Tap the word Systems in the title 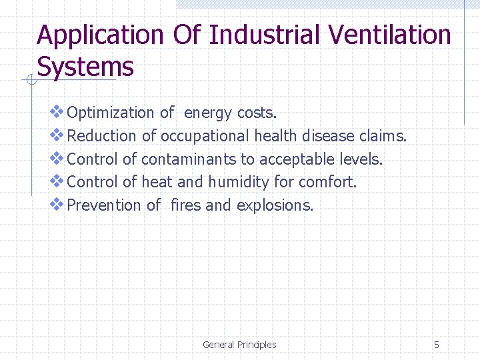pyautogui.click(x=85, y=67)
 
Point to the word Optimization pyautogui.click(x=111, y=113)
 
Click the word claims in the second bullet pyautogui.click(x=382, y=136)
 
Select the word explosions pyautogui.click(x=275, y=205)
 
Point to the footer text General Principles pyautogui.click(x=239, y=345)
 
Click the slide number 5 pyautogui.click(x=437, y=345)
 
